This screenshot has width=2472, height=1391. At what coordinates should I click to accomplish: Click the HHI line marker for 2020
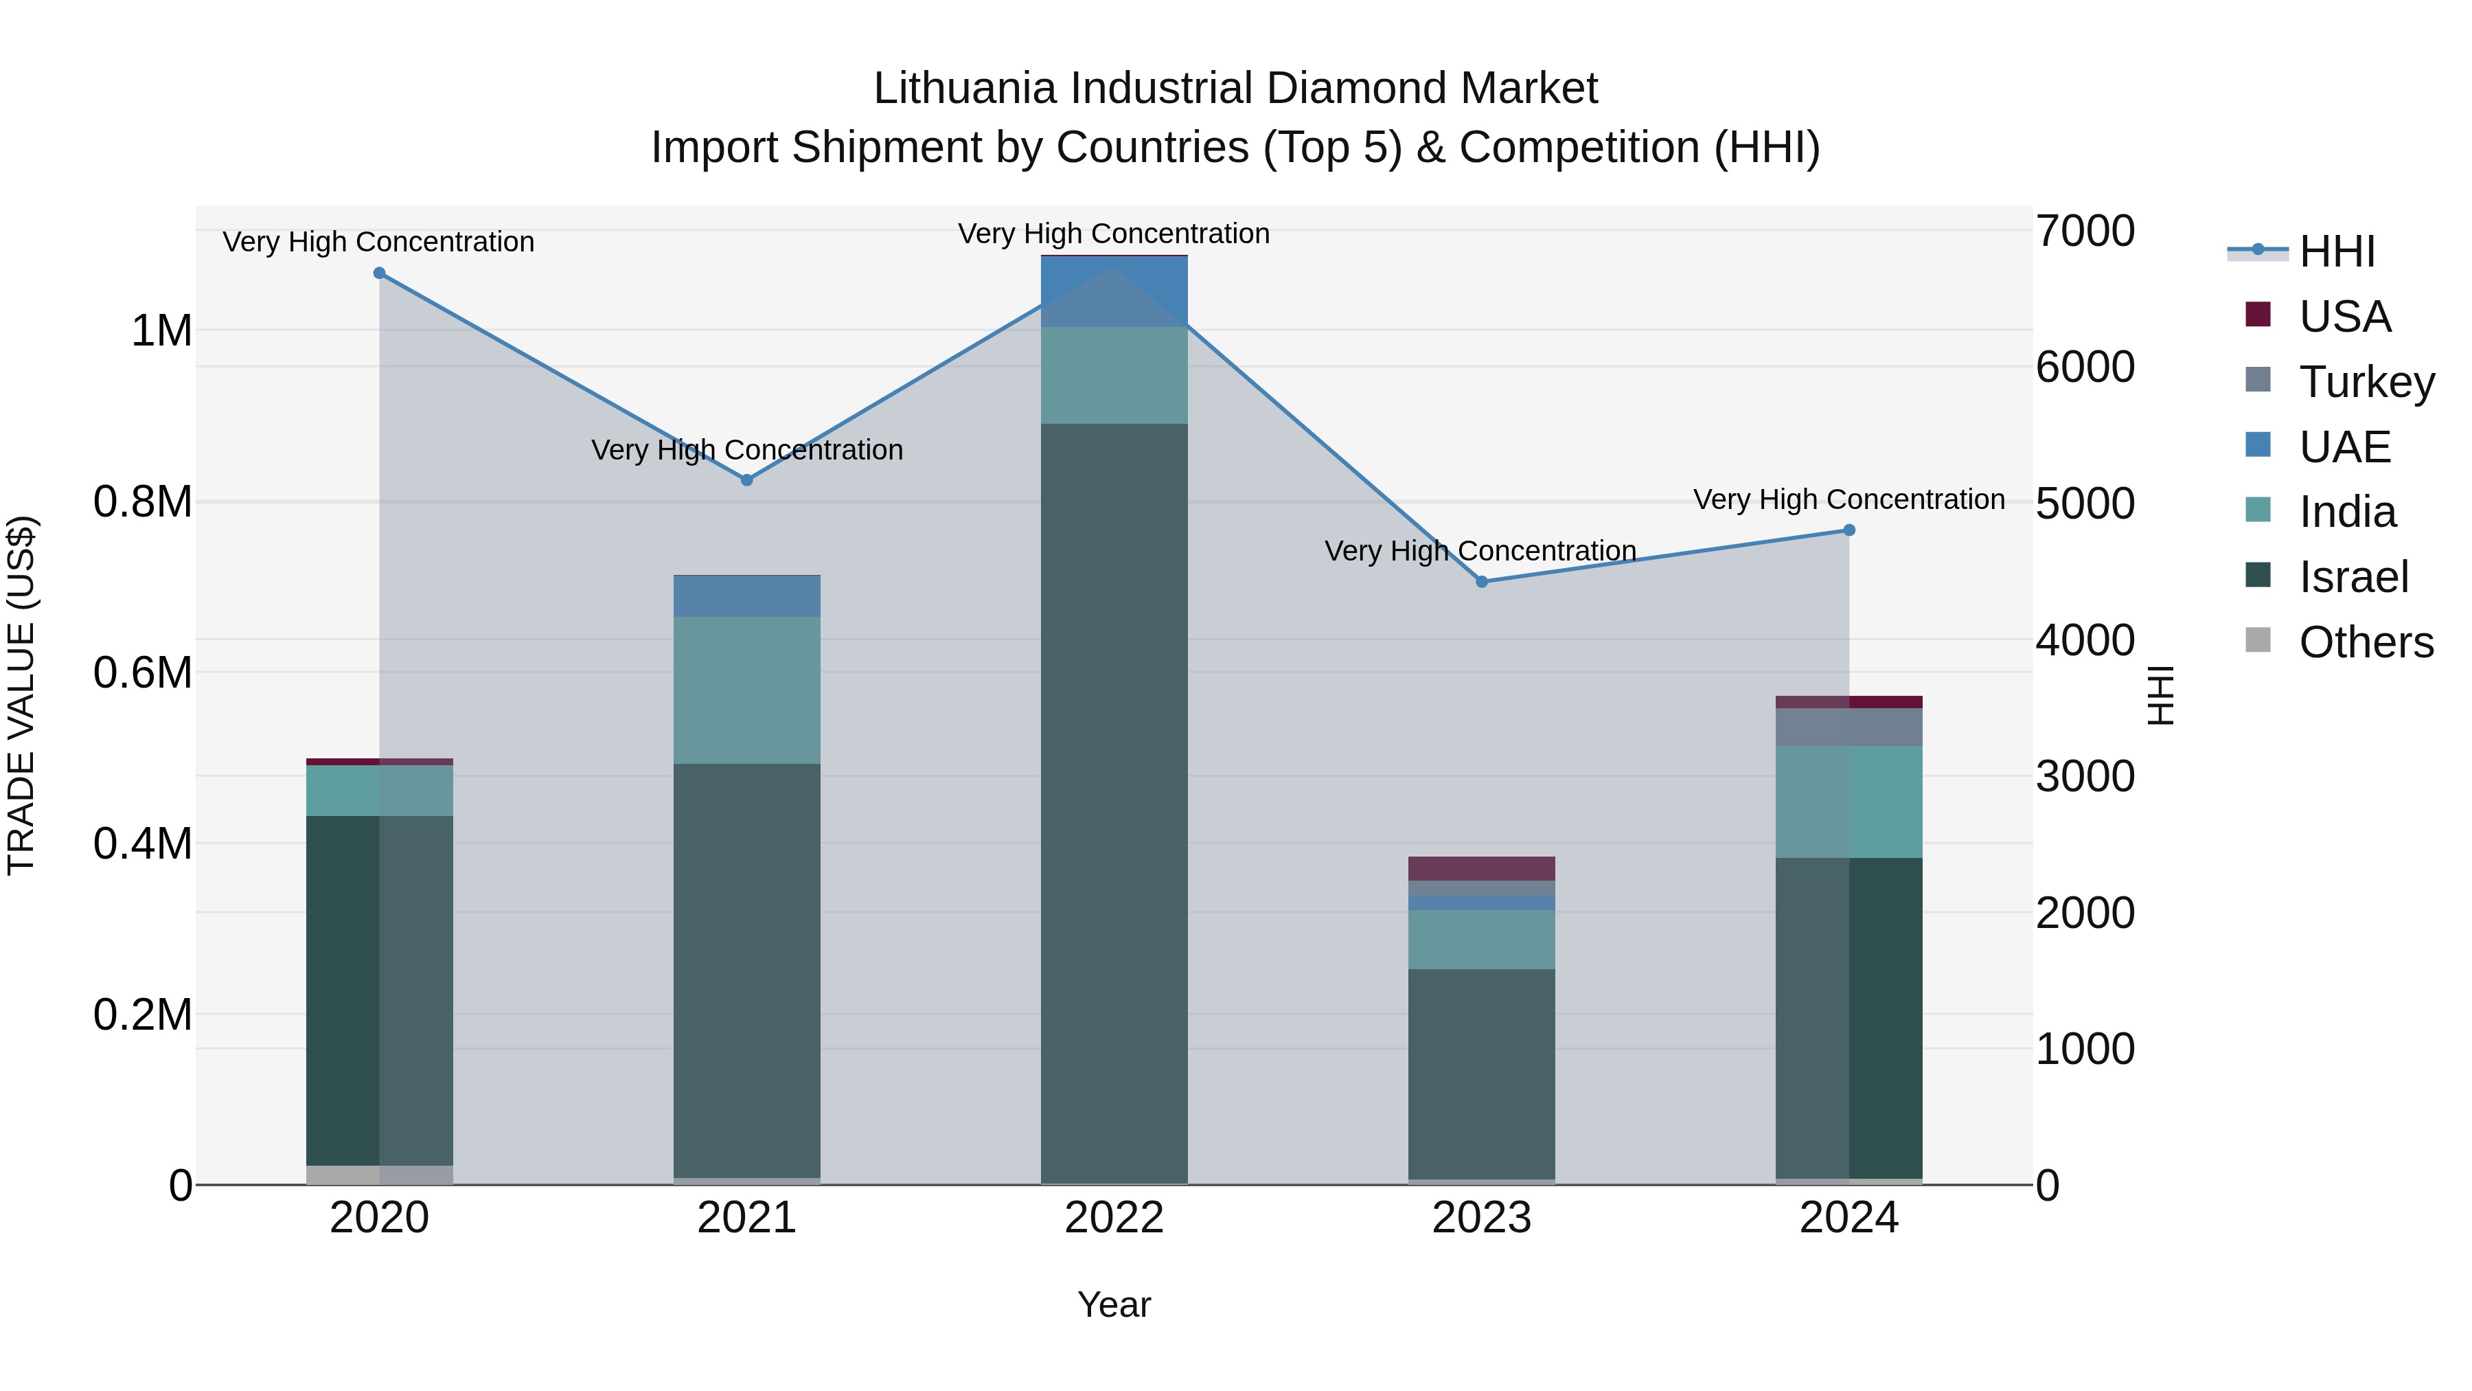tap(379, 273)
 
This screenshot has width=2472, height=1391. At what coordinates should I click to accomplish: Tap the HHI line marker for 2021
tap(746, 480)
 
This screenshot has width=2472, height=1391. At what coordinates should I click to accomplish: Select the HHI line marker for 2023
tap(1482, 582)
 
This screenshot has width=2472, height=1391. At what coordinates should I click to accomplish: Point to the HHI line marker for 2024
tap(1849, 530)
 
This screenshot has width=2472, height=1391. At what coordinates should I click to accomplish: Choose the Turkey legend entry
tap(2366, 382)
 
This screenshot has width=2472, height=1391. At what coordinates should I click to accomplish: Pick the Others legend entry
tap(2366, 642)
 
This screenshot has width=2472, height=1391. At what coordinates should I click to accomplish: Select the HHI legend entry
tap(2337, 251)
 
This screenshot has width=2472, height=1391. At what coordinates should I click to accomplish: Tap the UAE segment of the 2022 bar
tap(1114, 292)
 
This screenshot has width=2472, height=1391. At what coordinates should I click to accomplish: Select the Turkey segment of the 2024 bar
tap(1849, 727)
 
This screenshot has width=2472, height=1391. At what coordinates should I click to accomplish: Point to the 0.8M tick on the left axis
tap(143, 502)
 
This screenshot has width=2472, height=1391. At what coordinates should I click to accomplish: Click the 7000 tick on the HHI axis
tap(2084, 231)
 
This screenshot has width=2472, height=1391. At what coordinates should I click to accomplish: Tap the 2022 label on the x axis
tap(1114, 1218)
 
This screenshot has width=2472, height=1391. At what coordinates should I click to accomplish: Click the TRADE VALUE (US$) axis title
tap(22, 695)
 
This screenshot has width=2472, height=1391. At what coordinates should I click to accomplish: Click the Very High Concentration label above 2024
tap(1849, 499)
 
